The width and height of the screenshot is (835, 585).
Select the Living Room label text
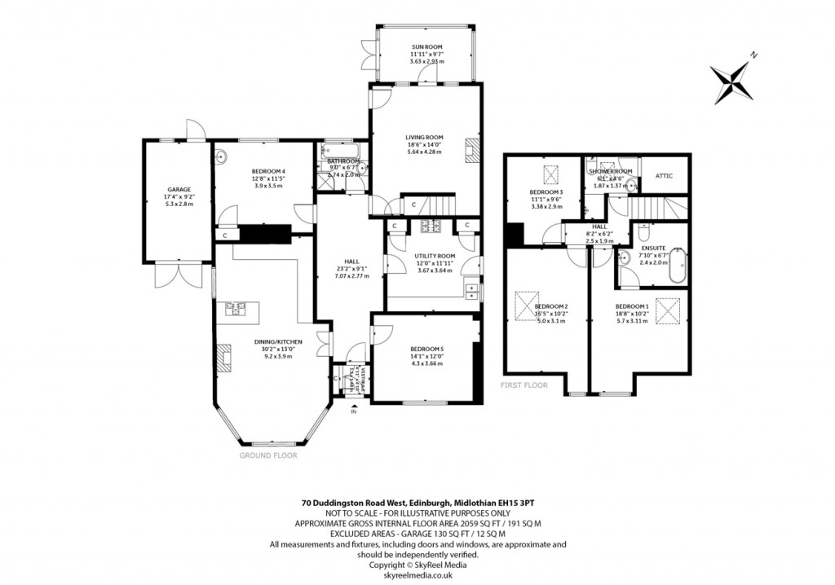coord(423,137)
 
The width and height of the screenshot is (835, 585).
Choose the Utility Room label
coord(435,256)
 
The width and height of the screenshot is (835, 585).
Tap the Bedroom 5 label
coord(427,349)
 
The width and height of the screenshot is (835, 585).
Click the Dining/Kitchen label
coord(276,341)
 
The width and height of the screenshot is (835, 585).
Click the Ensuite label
coord(653,248)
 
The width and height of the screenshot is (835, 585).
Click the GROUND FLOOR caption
coord(268,456)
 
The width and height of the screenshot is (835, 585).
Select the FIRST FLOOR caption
coord(524,385)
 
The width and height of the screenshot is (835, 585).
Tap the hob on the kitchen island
coord(236,307)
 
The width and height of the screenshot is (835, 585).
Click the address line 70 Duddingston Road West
coord(417,504)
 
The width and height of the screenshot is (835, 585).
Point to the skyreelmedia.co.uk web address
coord(417,574)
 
